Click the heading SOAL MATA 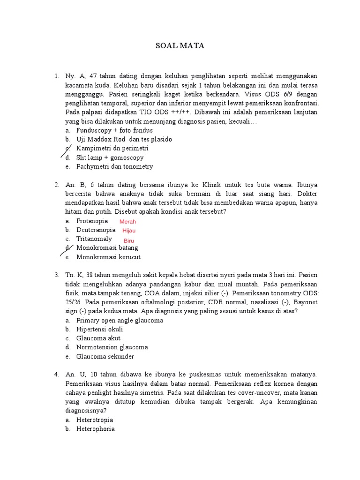coord(180,46)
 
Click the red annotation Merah coord(127,222)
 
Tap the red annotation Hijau coord(128,231)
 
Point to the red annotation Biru coord(129,240)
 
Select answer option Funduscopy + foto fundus coord(114,130)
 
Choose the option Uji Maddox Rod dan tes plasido coord(124,139)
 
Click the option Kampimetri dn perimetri coord(112,148)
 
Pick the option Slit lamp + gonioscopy coord(110,157)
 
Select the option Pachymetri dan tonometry coord(114,166)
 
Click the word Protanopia coord(92,221)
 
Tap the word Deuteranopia coord(96,230)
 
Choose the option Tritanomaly coord(94,239)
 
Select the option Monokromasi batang coord(107,247)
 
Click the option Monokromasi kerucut coord(108,257)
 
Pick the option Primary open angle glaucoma coord(120,320)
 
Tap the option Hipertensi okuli coord(99,329)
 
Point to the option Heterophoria coord(95,428)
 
